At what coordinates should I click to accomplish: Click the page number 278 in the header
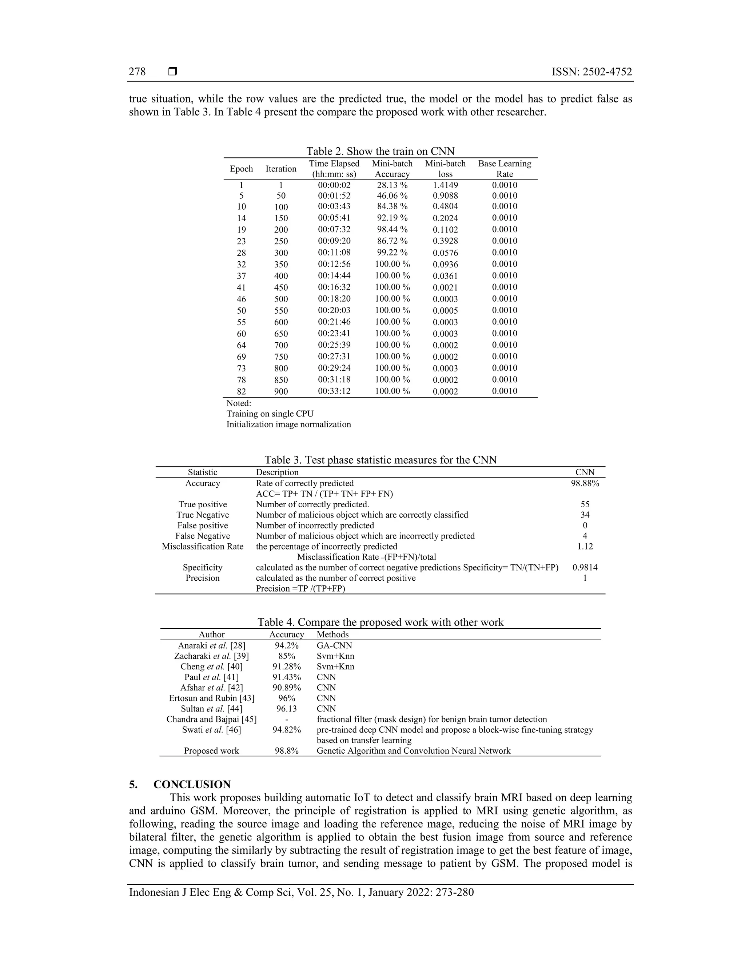tap(137, 72)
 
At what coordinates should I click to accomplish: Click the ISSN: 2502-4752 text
tap(591, 72)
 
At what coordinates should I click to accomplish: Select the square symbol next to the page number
tap(172, 72)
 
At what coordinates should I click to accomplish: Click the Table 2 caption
tap(380, 151)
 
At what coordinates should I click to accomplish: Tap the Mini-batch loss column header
tap(445, 169)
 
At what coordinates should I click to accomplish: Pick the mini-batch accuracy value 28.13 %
tap(392, 185)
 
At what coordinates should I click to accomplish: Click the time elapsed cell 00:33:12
tap(334, 391)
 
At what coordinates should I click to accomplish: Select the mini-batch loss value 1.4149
tap(445, 185)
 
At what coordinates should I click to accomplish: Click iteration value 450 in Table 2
tap(281, 287)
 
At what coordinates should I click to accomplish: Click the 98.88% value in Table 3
tap(585, 483)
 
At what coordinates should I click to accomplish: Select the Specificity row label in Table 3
tap(203, 568)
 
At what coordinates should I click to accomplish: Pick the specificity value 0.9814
tap(585, 568)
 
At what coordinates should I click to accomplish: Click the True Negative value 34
tap(585, 515)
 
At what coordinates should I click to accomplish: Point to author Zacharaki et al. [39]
tap(211, 656)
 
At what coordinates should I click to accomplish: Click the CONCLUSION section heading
tap(192, 785)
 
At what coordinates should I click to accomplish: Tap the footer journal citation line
tap(301, 892)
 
